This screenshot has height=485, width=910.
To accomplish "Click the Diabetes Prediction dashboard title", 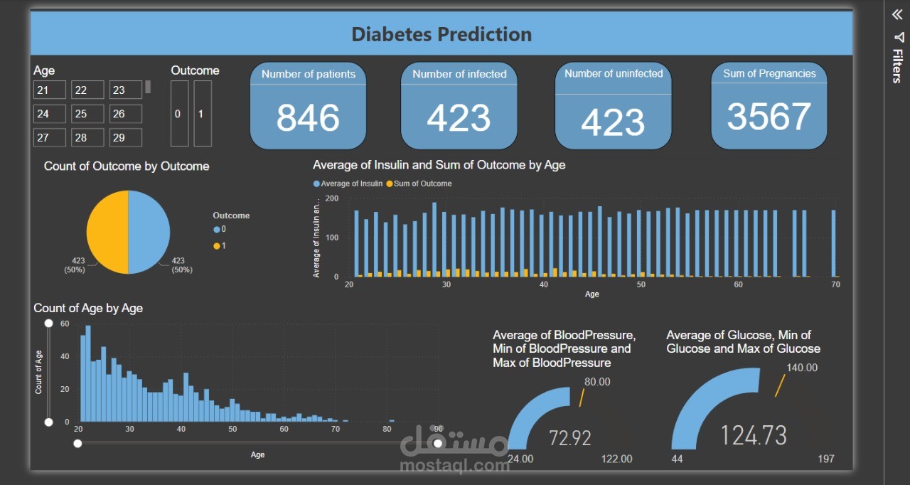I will pyautogui.click(x=441, y=34).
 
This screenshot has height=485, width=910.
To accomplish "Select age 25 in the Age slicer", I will pyautogui.click(x=87, y=114).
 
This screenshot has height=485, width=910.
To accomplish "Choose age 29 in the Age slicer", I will pyautogui.click(x=125, y=137).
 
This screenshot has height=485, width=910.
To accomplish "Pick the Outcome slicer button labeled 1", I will pyautogui.click(x=203, y=114).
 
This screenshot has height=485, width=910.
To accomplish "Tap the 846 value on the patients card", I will pyautogui.click(x=308, y=118).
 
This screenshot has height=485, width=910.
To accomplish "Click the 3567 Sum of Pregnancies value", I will pyautogui.click(x=769, y=117).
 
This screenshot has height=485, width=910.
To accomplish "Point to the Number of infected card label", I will pyautogui.click(x=459, y=74).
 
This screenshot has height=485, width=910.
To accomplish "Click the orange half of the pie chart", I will pyautogui.click(x=107, y=232).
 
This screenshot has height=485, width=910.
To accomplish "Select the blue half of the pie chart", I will pyautogui.click(x=149, y=232).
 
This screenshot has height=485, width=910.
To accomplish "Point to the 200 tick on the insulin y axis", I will pyautogui.click(x=331, y=198).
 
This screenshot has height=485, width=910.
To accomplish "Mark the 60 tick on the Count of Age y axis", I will pyautogui.click(x=65, y=324).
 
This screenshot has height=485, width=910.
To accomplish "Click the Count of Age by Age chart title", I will pyautogui.click(x=88, y=308).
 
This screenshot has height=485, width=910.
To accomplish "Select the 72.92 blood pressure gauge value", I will pyautogui.click(x=570, y=438).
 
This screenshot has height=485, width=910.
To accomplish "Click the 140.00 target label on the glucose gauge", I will pyautogui.click(x=802, y=368).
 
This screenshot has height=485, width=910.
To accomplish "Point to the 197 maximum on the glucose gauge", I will pyautogui.click(x=826, y=459).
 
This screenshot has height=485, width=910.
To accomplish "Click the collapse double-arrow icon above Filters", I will pyautogui.click(x=897, y=15).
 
